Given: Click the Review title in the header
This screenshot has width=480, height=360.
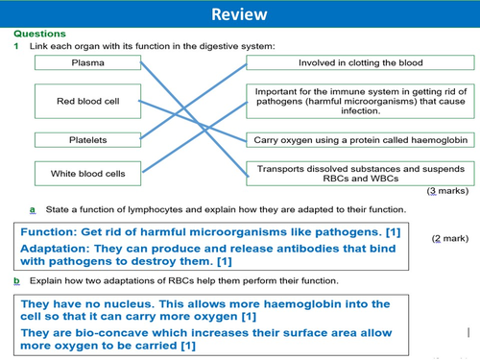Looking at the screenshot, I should coord(239,14).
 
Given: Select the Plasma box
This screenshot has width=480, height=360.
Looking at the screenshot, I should coord(88,63).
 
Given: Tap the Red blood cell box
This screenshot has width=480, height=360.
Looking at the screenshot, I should coord(88,101).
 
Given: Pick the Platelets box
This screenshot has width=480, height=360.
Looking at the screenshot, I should coord(88,140).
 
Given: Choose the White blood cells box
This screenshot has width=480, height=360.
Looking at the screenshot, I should coord(88,174).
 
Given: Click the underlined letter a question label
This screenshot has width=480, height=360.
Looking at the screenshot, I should coord(33,209).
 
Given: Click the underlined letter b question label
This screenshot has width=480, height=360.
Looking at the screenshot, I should coord(16,280).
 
